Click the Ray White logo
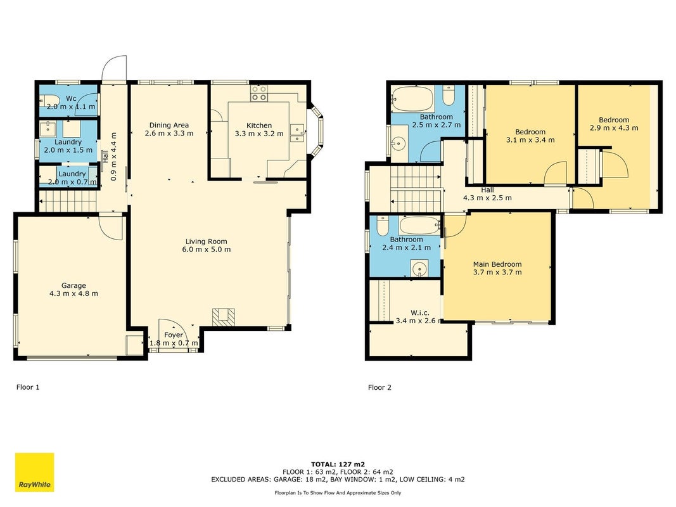pyautogui.click(x=34, y=472)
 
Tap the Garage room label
pyautogui.click(x=73, y=285)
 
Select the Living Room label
pyautogui.click(x=206, y=241)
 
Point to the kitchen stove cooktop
pyautogui.click(x=259, y=93)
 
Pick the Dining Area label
pyautogui.click(x=169, y=125)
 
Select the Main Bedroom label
pyautogui.click(x=497, y=264)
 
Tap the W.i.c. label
pyautogui.click(x=419, y=312)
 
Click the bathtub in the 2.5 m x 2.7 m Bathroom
pyautogui.click(x=412, y=99)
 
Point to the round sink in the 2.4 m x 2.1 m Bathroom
pyautogui.click(x=419, y=269)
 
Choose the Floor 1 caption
pyautogui.click(x=28, y=387)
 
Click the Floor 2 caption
pyautogui.click(x=380, y=387)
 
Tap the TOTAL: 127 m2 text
pyautogui.click(x=338, y=465)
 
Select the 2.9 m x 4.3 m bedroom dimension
pyautogui.click(x=614, y=127)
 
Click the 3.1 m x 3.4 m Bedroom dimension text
pyautogui.click(x=530, y=139)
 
